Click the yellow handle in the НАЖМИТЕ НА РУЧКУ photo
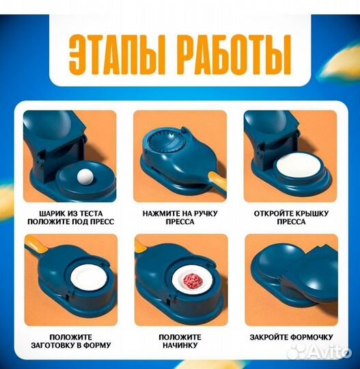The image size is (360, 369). [214, 182]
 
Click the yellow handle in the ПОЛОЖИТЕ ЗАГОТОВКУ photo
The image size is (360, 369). [35, 244]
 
